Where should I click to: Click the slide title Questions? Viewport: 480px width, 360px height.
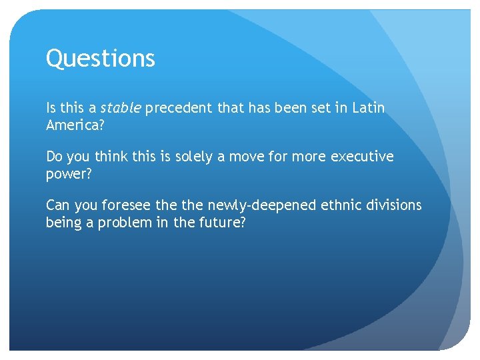click(x=100, y=59)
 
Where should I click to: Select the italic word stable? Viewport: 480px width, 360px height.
click(x=120, y=108)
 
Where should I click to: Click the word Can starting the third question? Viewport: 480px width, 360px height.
click(x=57, y=205)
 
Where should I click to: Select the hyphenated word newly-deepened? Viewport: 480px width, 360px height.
click(x=263, y=205)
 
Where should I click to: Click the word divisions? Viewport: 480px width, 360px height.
click(x=396, y=205)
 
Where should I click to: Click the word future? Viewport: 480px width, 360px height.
click(x=221, y=222)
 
